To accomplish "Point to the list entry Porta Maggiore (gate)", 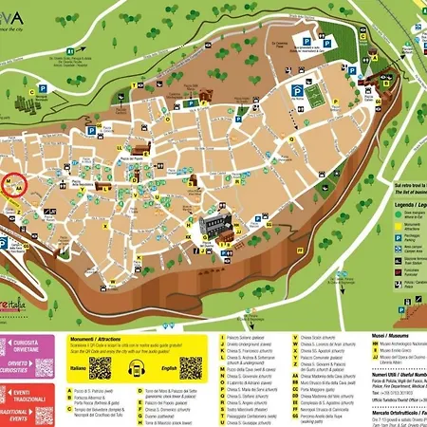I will [313, 388].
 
